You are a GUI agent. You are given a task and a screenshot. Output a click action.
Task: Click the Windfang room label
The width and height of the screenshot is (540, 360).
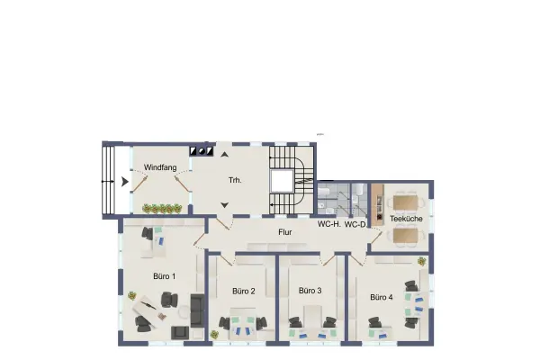point(160,167)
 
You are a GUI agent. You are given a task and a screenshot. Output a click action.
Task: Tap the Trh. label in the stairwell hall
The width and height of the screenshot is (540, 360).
point(235,180)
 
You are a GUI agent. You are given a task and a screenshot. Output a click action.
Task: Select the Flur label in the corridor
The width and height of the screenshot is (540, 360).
point(285,232)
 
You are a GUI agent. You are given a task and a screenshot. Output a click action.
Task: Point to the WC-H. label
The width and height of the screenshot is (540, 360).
point(329,224)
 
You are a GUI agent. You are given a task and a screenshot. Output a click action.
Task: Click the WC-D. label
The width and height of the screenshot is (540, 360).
point(355,225)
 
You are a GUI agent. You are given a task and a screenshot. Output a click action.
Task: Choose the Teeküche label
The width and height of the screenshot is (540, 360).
point(406,219)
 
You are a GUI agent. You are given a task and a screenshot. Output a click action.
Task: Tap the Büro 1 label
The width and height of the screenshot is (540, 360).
point(165,276)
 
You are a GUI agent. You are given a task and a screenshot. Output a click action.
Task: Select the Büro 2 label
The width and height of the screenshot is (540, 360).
point(244,291)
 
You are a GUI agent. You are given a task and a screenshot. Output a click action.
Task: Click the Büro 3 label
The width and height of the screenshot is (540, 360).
point(310,291)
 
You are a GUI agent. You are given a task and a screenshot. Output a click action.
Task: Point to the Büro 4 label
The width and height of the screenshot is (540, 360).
point(382,297)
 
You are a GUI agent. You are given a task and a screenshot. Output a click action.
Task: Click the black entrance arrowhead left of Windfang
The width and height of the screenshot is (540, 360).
point(125,182)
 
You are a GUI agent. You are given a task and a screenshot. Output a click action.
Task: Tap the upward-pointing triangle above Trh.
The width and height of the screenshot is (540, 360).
point(224,154)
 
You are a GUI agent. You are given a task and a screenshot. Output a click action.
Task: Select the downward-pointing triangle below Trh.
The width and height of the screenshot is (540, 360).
point(224,205)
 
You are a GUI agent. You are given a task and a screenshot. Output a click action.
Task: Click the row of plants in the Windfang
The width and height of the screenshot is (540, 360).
point(162,209)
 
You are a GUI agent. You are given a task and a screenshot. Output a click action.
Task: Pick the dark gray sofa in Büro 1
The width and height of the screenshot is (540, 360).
point(197,310)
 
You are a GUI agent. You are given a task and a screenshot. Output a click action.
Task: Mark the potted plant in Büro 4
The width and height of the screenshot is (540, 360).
point(421,262)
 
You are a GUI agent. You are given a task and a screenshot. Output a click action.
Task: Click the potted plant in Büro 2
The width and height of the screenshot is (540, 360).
point(214,334)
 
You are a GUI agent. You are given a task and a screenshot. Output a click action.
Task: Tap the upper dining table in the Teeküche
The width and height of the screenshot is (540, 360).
point(406,202)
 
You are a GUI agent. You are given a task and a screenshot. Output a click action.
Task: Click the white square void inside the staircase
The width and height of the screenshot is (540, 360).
point(282,181)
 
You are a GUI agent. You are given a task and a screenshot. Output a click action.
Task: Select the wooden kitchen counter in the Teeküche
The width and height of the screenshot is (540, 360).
point(378,204)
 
